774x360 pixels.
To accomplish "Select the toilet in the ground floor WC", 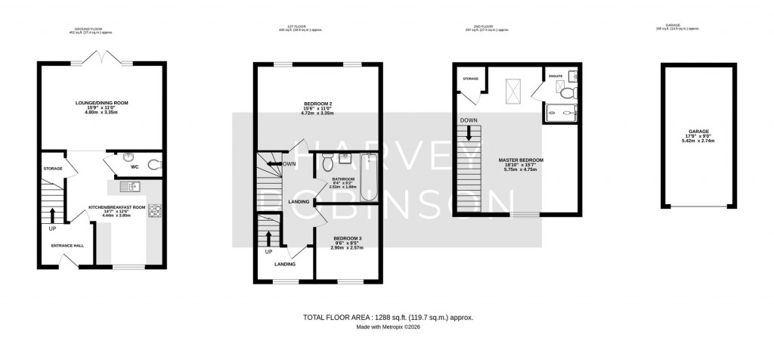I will coord(154,164).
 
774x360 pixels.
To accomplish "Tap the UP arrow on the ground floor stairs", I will coord(53,216).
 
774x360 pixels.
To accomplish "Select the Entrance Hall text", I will coord(67,246).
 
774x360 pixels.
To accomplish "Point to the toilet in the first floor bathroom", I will coord(327,162).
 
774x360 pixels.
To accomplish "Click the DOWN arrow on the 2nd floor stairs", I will coord(469,132).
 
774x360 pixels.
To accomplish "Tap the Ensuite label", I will coord(556,76).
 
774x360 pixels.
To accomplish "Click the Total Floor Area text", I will coord(387,318).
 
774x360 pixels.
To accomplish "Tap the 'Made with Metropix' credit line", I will coord(387,327).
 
